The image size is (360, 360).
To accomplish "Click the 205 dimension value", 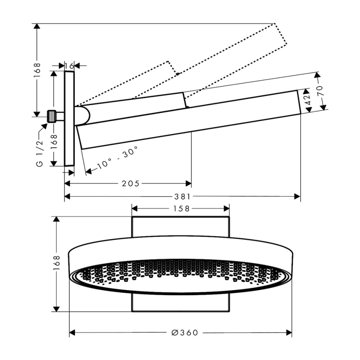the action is [x=131, y=183].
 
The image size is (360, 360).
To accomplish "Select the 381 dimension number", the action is [x=182, y=197].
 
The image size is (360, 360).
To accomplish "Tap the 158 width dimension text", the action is [x=181, y=209].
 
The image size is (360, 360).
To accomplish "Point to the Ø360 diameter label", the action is [x=185, y=333].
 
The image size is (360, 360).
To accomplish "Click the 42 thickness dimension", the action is [x=308, y=100].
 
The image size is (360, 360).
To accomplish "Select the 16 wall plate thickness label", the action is [x=69, y=66].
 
